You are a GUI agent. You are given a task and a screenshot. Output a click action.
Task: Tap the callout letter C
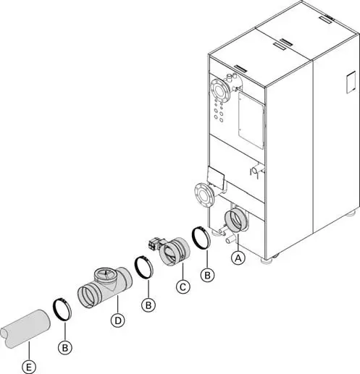pyautogui.click(x=183, y=287)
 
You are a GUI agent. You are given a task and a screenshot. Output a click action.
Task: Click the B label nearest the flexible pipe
pyautogui.click(x=65, y=348)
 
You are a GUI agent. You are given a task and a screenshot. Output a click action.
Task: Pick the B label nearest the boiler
pyautogui.click(x=209, y=275)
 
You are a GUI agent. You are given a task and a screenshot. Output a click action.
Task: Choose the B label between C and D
pyautogui.click(x=148, y=306)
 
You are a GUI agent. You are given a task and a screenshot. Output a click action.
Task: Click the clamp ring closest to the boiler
pyautogui.click(x=201, y=238)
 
